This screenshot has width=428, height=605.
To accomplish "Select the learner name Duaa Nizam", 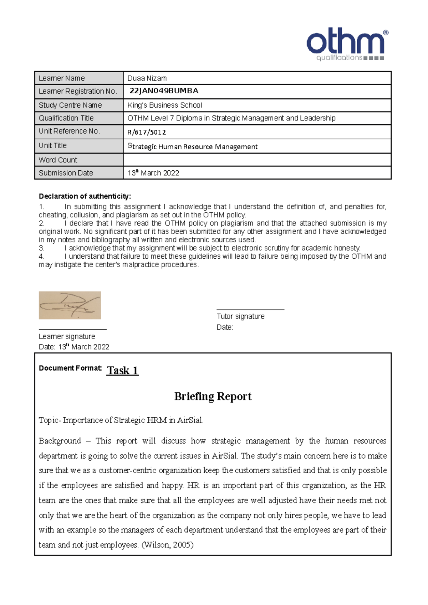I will click(x=147, y=78).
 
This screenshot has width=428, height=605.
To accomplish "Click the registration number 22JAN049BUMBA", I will click(x=164, y=91).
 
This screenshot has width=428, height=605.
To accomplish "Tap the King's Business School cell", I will click(x=165, y=105).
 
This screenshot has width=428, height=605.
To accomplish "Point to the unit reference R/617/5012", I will click(x=147, y=132).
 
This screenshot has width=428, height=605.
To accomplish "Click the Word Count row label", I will click(x=58, y=160).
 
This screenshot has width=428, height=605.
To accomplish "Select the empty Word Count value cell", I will click(x=257, y=160).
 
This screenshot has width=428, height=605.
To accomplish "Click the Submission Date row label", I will click(x=66, y=173).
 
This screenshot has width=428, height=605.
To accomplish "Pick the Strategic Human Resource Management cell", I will click(x=192, y=146).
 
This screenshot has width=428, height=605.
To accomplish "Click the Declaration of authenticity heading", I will click(x=85, y=196).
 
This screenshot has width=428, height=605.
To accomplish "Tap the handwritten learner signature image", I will click(x=70, y=305).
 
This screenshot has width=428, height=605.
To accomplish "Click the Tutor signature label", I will click(x=240, y=316).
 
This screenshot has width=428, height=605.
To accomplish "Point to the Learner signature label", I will click(x=67, y=336).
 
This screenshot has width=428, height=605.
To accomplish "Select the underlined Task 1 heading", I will click(x=122, y=371).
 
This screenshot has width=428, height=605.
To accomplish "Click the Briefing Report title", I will click(x=213, y=396).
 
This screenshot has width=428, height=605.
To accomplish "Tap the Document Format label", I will click(x=70, y=368).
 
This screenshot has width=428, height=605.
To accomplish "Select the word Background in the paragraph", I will click(x=60, y=441).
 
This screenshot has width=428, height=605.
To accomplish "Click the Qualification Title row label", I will click(x=66, y=118).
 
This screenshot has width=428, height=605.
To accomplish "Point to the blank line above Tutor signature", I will click(x=250, y=309).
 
